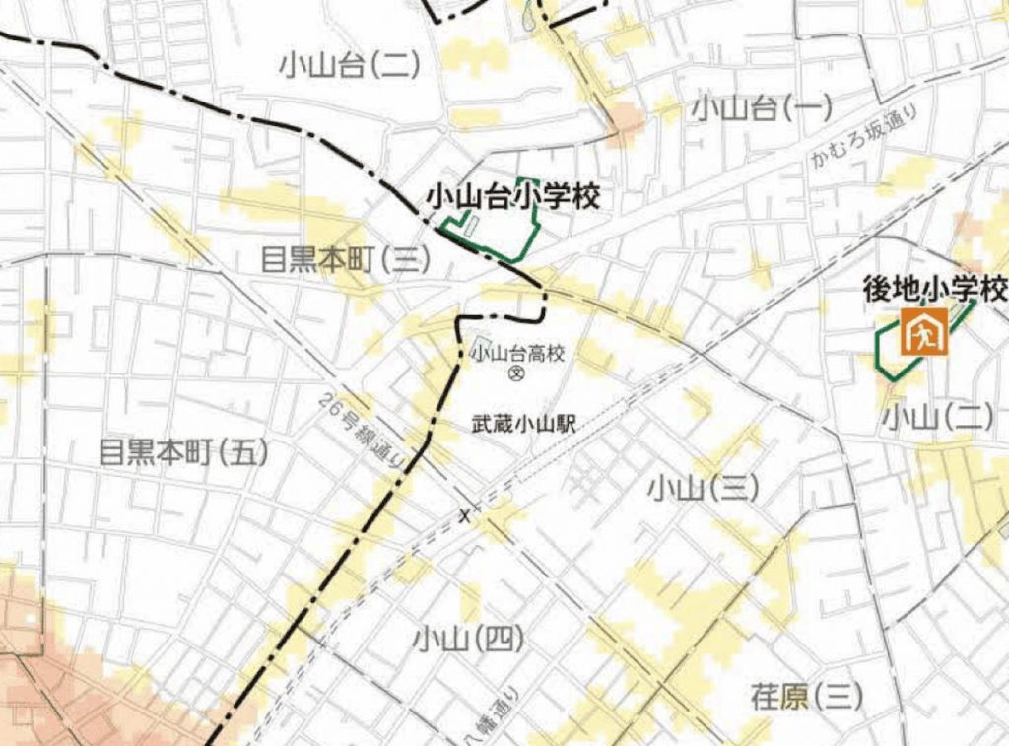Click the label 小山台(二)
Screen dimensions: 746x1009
[350, 66]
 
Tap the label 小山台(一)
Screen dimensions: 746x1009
[762, 107]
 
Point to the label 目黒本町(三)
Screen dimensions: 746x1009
[346, 260]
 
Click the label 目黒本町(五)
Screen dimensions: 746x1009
[183, 452]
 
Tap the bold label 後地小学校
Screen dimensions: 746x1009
[934, 289]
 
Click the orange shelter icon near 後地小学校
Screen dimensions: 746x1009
[924, 331]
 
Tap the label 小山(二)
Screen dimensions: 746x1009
[937, 418]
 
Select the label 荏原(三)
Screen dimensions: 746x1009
[806, 697]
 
